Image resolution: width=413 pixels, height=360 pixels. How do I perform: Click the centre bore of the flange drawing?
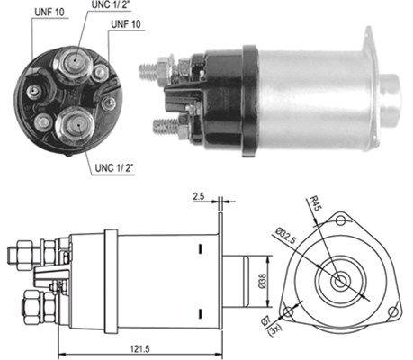pos(339,281)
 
